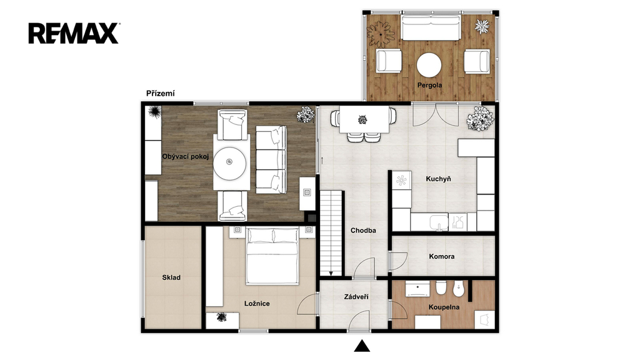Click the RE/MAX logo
(x=74, y=34)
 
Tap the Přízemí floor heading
(x=161, y=94)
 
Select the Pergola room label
(x=429, y=85)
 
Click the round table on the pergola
(x=429, y=65)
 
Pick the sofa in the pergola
(x=431, y=27)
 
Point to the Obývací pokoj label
(x=185, y=156)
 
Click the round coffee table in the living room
(x=230, y=163)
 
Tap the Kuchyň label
(x=438, y=179)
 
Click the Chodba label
(x=363, y=230)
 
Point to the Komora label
(x=442, y=256)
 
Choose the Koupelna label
(x=444, y=307)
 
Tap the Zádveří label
(x=356, y=297)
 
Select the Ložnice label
(x=257, y=303)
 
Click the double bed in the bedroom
(x=272, y=256)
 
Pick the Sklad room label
(x=171, y=277)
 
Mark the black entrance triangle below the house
(x=362, y=346)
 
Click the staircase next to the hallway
(x=331, y=234)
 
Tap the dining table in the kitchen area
(x=364, y=119)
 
